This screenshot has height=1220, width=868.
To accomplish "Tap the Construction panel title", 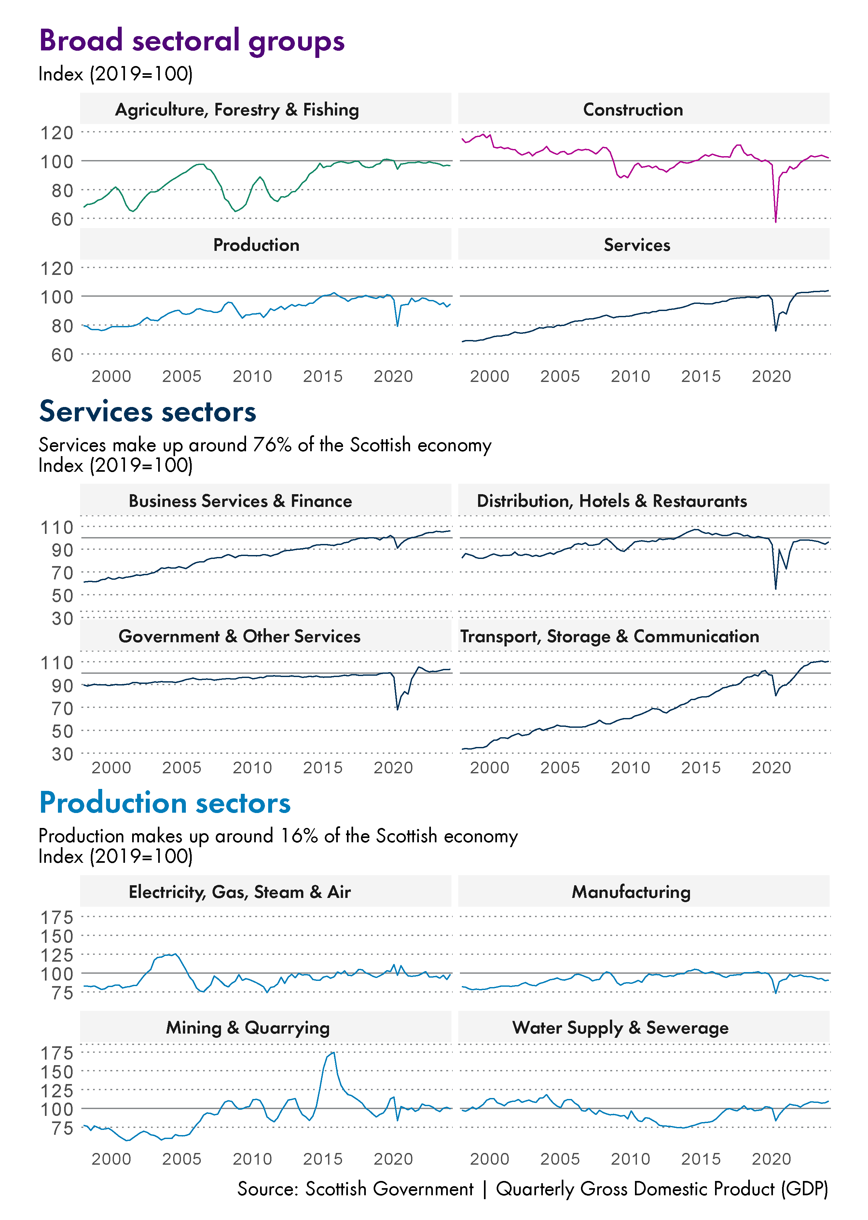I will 633,110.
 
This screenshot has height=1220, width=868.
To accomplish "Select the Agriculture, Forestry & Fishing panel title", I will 237,110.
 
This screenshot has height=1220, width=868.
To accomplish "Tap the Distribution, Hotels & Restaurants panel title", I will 612,501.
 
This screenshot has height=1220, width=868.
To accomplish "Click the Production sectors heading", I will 165,803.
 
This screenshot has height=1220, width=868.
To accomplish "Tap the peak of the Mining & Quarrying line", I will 334,1053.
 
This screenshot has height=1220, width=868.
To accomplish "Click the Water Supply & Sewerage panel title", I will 620,1028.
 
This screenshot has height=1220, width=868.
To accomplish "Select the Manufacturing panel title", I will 631,892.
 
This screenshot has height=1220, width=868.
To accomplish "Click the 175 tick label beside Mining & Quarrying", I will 57,1053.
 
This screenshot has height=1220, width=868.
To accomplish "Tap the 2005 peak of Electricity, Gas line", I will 174,954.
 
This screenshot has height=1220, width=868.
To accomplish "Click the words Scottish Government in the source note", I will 389,1189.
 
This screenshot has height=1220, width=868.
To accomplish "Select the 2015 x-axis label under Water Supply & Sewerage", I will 701,1159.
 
